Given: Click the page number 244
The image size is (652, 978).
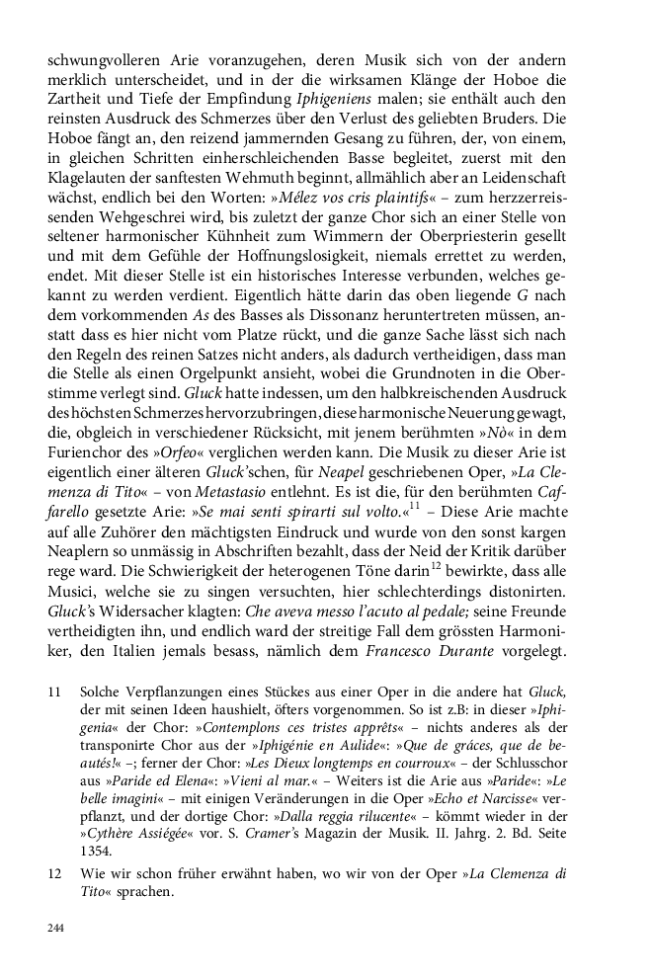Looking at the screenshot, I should [55, 929].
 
